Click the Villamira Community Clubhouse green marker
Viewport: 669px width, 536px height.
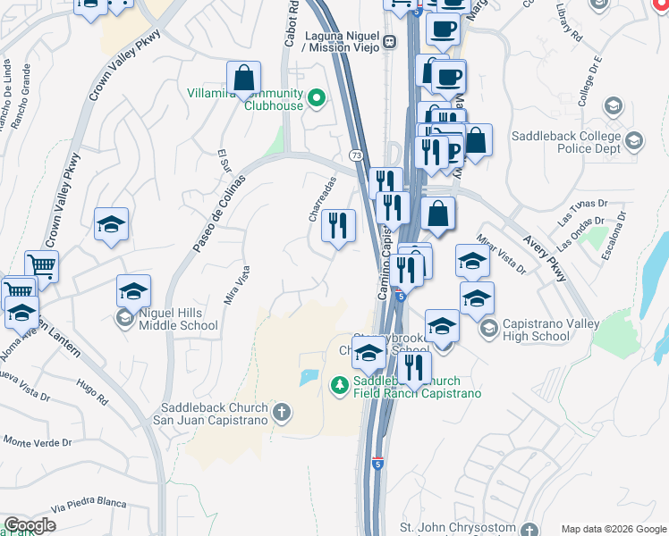click(316, 98)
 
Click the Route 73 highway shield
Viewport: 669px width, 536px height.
click(355, 155)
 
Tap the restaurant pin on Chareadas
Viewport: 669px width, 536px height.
click(338, 226)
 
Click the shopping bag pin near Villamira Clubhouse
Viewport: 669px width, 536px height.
click(243, 78)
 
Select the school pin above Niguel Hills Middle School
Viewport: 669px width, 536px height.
click(133, 292)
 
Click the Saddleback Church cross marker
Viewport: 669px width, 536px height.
click(282, 412)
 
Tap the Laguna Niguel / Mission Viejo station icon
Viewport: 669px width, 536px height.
click(390, 41)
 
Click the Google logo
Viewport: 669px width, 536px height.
click(30, 525)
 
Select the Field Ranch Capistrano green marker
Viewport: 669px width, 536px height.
click(340, 386)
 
